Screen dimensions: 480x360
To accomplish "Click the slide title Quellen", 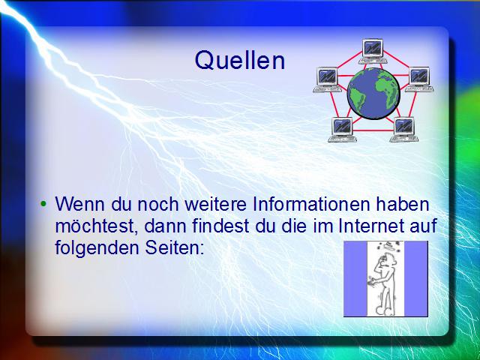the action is [240, 60].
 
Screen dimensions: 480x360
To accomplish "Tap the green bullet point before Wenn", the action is [43, 203].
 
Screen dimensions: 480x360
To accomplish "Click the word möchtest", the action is [97, 226].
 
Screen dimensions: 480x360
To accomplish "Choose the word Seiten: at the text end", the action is [175, 247].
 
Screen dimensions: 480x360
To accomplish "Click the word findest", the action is [220, 226].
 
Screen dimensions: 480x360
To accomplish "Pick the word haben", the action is [403, 204].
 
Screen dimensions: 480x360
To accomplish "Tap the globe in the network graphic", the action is [373, 93].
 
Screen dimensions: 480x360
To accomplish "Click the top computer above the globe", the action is [373, 51].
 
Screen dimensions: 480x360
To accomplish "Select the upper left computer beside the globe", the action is [327, 79].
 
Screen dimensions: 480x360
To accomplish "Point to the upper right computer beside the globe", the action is [419, 79].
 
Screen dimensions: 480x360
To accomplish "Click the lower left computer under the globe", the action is [342, 130].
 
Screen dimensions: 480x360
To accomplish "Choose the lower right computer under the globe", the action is [403, 130].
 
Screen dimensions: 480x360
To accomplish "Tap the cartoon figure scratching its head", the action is [385, 278].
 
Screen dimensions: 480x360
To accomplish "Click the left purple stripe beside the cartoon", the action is [355, 278].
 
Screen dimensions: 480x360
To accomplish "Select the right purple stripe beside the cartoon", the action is [416, 278].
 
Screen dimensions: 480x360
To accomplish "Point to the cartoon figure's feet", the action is [385, 310].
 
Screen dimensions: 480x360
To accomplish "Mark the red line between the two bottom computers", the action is [373, 130].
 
